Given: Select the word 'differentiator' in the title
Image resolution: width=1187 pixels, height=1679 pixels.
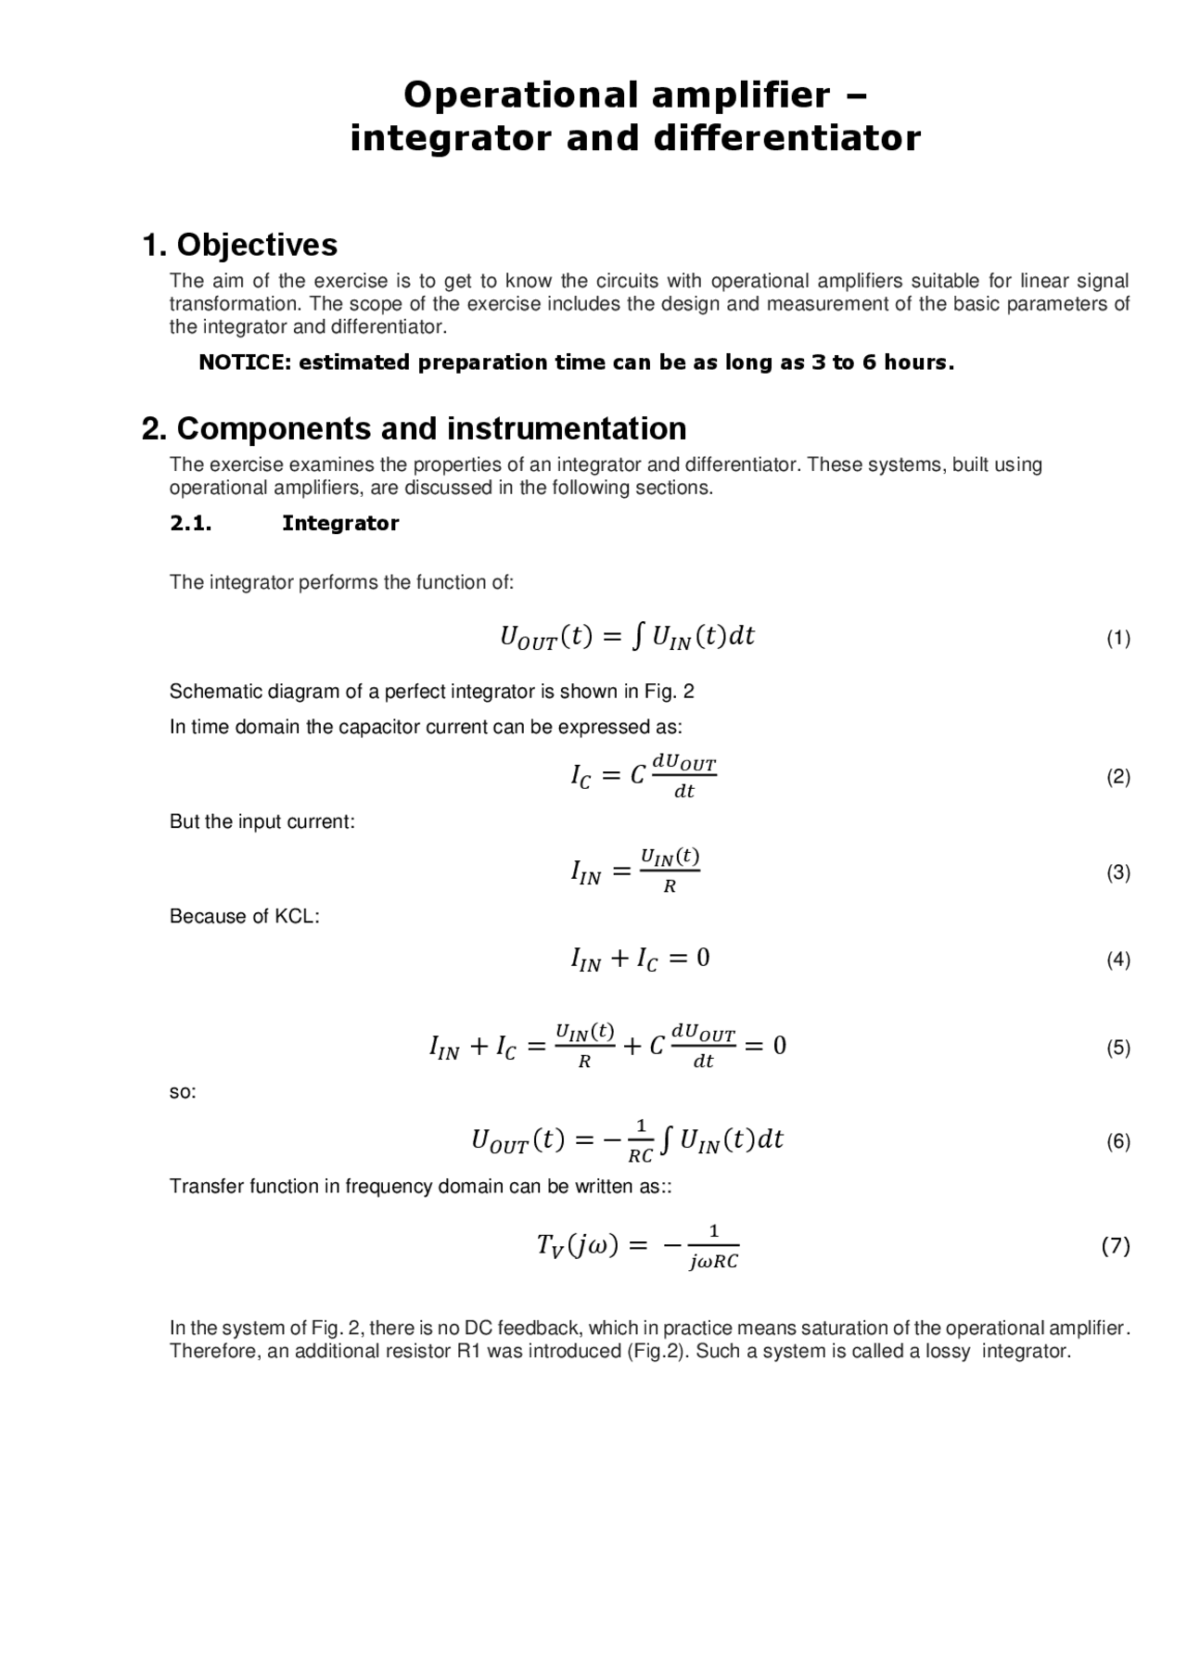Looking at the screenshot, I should click(x=786, y=139).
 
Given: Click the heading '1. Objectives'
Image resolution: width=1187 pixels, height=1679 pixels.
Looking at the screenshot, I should click(x=239, y=245).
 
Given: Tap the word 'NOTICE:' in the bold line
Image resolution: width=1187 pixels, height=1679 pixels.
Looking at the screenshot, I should click(x=245, y=363).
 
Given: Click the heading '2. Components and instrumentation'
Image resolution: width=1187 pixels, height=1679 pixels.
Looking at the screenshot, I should click(x=414, y=428).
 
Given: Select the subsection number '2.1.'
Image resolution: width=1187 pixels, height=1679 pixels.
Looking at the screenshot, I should click(x=191, y=523).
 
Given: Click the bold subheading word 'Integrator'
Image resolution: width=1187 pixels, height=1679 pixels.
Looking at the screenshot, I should click(x=340, y=523).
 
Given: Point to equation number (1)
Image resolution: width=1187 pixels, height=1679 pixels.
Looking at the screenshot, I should click(x=1117, y=638).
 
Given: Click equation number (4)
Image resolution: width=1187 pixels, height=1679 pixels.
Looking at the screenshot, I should click(x=1117, y=960).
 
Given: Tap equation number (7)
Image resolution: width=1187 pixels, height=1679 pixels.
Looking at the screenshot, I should click(x=1116, y=1246).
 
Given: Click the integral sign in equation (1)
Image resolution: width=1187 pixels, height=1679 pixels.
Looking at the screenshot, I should click(x=637, y=636).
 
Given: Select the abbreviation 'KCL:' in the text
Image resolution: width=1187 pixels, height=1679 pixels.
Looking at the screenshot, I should click(x=297, y=916).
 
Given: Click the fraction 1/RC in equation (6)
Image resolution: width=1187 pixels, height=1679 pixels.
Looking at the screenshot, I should click(x=641, y=1141).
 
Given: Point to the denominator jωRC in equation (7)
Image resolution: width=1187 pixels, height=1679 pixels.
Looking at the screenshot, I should click(x=713, y=1262).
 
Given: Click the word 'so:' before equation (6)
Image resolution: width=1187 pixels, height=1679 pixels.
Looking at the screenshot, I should click(x=183, y=1091).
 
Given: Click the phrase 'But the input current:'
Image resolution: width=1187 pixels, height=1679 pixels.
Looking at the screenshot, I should click(x=262, y=821).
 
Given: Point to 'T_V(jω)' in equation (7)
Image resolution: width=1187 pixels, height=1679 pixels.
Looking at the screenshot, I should click(x=577, y=1245).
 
